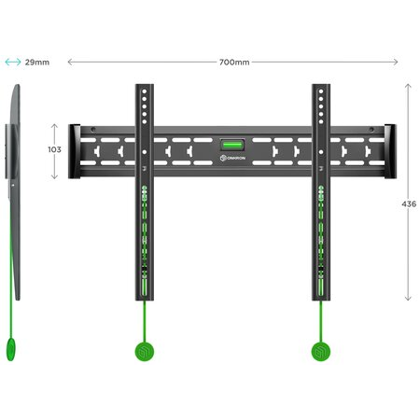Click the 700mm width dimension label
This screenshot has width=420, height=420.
click(234, 63)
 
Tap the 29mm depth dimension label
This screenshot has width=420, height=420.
click(37, 63)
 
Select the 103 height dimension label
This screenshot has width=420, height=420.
click(54, 149)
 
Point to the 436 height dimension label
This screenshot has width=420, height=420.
click(409, 204)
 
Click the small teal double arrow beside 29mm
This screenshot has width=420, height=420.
click(13, 62)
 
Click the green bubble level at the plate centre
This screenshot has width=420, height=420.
click(232, 145)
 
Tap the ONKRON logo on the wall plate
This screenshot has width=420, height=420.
click(232, 158)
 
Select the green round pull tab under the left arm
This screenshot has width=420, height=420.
click(145, 352)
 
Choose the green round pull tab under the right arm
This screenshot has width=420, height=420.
click(321, 352)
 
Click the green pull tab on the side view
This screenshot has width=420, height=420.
click(11, 349)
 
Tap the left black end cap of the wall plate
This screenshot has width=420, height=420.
click(75, 151)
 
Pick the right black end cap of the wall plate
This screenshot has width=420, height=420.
click(390, 151)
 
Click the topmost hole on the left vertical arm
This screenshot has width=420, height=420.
click(145, 91)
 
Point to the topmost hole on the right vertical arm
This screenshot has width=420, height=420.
click(321, 91)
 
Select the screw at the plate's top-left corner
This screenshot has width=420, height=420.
click(93, 130)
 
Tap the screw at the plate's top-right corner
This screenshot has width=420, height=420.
click(371, 130)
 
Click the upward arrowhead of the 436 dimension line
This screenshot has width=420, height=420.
click(408, 86)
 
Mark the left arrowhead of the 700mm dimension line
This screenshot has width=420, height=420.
click(70, 62)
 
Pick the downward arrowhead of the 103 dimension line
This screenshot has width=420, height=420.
click(54, 176)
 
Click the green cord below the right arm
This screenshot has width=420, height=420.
click(321, 321)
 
